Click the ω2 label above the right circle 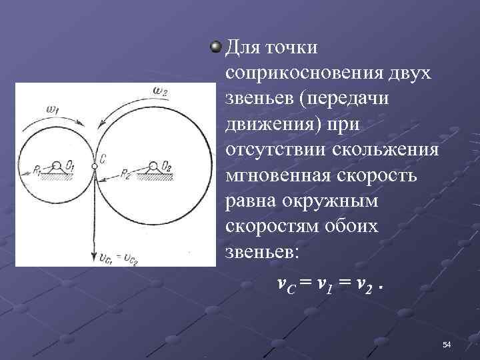tap(162, 91)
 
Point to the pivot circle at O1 tap(57, 165)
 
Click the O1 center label tap(69, 161)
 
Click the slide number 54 tap(447, 344)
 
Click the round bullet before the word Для tap(215, 47)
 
